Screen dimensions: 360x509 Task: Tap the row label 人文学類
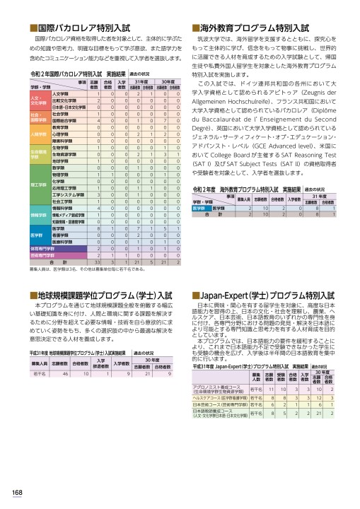click(x=60, y=94)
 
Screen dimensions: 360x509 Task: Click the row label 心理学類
click(x=60, y=133)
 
